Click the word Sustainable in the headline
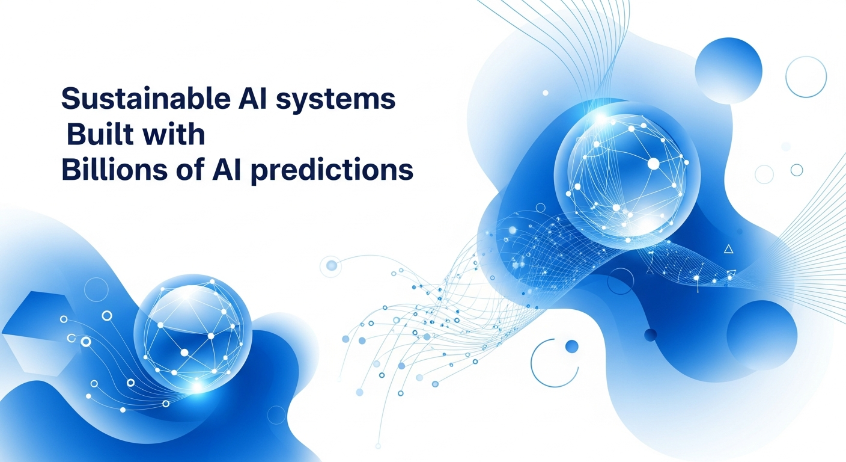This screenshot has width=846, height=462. tap(146, 98)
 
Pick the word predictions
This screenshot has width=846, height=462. tap(332, 171)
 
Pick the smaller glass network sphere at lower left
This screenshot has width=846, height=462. tap(193, 333)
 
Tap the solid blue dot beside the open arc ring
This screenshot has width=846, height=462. tap(572, 346)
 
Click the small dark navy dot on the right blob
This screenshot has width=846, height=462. tap(650, 335)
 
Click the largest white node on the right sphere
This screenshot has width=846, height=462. tap(653, 164)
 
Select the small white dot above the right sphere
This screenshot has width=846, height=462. tap(546, 93)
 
